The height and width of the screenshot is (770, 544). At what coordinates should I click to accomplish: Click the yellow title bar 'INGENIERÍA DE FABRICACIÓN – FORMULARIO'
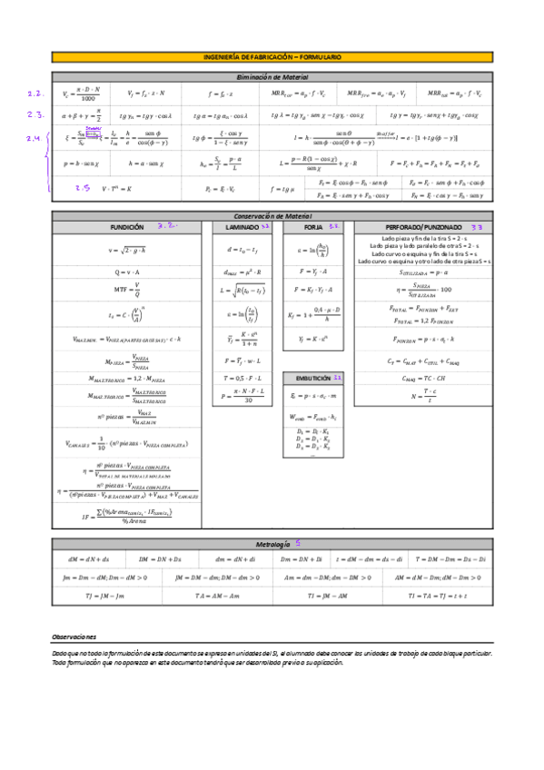[272, 57]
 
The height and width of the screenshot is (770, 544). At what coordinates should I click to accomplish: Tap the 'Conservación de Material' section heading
[272, 215]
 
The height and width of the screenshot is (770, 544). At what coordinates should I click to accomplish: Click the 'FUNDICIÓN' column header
[126, 226]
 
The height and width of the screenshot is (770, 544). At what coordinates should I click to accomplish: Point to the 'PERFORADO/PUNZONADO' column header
[423, 226]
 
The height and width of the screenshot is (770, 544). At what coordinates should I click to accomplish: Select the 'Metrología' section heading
[271, 543]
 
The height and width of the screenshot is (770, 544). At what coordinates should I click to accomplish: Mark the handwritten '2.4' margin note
[34, 138]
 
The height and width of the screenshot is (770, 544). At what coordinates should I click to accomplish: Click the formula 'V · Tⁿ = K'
[116, 188]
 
